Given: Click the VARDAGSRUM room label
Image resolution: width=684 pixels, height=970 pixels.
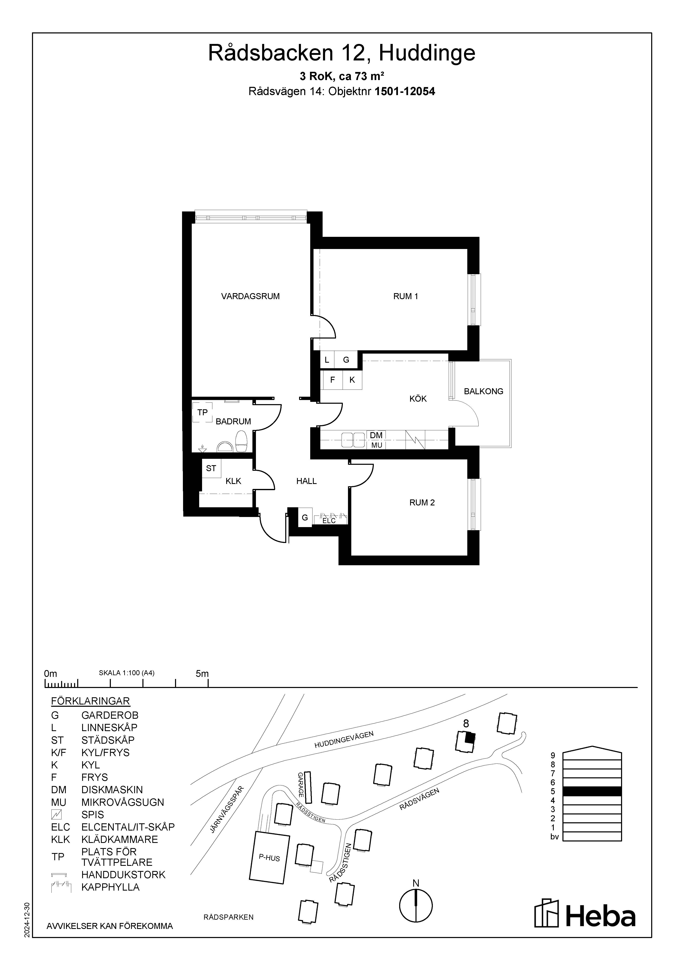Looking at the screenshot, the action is pyautogui.click(x=250, y=297).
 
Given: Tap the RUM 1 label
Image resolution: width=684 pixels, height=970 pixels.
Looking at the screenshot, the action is pyautogui.click(x=405, y=297).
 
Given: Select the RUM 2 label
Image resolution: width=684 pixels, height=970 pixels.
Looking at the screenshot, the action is pyautogui.click(x=422, y=503).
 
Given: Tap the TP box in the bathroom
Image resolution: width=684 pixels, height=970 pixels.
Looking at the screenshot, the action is pyautogui.click(x=202, y=412).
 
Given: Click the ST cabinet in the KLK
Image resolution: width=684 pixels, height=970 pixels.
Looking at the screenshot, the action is pyautogui.click(x=211, y=468).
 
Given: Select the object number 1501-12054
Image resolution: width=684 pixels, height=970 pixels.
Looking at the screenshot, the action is pyautogui.click(x=405, y=91).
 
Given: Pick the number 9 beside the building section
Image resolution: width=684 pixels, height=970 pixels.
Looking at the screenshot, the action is pyautogui.click(x=553, y=755).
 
